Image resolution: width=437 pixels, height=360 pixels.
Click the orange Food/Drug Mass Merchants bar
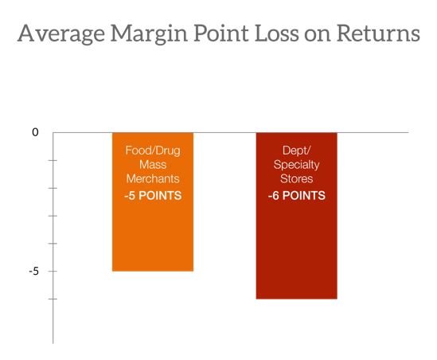(x=153, y=202)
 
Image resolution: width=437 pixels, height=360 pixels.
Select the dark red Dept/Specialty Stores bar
(x=297, y=216)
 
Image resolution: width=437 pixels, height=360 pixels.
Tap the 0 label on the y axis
(x=35, y=132)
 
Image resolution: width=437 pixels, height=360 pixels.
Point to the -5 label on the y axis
(x=33, y=271)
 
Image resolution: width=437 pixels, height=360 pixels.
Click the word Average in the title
(x=61, y=34)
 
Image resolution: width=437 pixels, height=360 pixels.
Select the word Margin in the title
(x=149, y=34)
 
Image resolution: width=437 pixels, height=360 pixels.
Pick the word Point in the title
(x=220, y=33)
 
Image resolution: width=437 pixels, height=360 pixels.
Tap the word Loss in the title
(x=276, y=33)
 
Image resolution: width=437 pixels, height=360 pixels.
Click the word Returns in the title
(x=378, y=33)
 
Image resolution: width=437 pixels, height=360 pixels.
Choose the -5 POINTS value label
(x=153, y=195)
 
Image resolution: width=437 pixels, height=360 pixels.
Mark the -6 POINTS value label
(x=297, y=195)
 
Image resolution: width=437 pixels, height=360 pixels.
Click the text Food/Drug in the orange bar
(x=153, y=151)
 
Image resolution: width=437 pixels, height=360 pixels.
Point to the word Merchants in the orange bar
(x=153, y=178)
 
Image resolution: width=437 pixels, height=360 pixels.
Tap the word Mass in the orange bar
(x=153, y=165)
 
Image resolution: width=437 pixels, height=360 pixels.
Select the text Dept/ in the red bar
(x=297, y=151)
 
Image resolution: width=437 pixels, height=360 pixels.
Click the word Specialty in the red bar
(x=297, y=165)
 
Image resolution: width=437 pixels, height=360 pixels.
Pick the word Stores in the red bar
(x=297, y=178)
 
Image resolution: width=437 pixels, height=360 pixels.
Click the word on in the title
(x=317, y=36)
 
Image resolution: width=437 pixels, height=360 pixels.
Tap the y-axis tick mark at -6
(x=53, y=299)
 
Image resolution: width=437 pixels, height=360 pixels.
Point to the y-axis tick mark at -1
(x=53, y=160)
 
